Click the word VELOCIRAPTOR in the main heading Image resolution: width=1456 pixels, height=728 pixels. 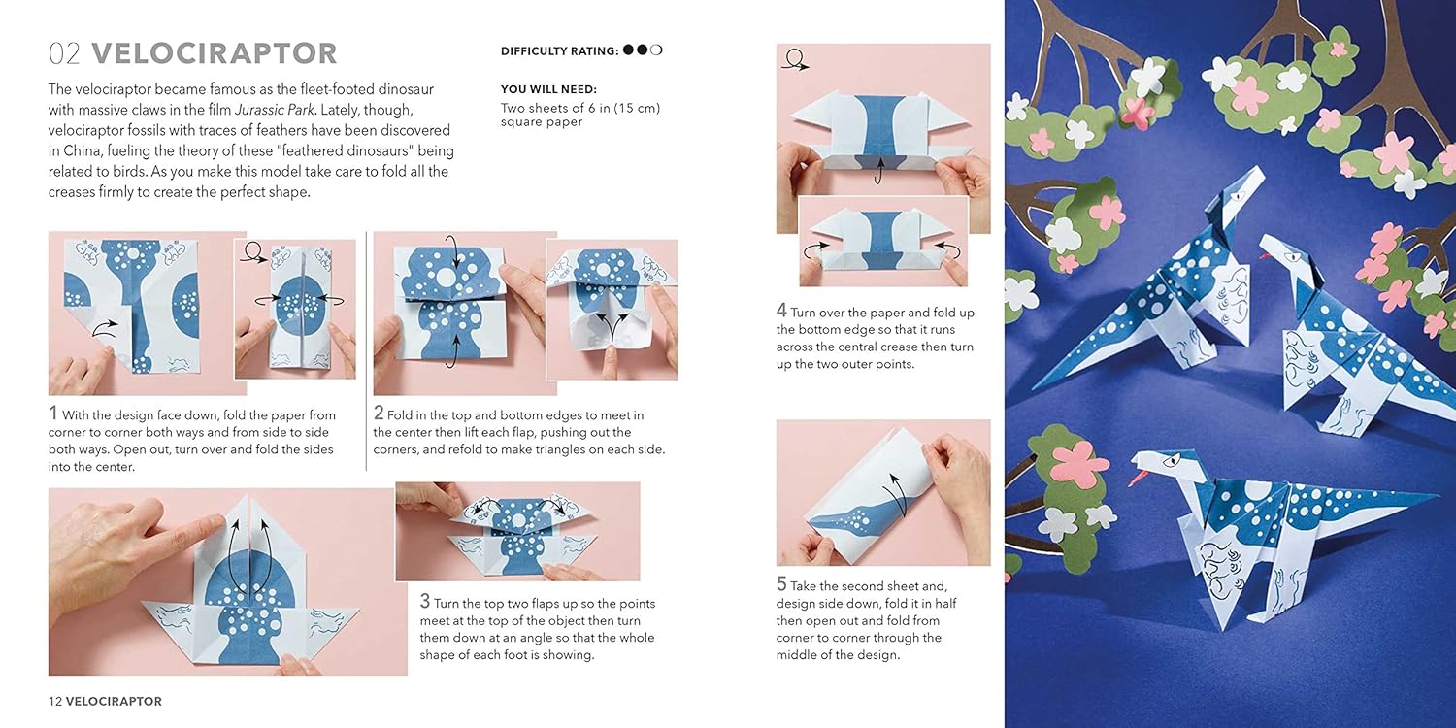coord(215,53)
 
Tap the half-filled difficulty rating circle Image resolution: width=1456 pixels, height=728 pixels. coord(656,50)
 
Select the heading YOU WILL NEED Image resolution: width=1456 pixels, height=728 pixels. coord(548,89)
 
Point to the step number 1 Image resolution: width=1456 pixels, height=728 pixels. coord(52,414)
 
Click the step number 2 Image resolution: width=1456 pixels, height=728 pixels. coord(379,414)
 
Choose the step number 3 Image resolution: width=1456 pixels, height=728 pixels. coord(424,601)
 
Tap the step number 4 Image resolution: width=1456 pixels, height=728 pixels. coord(781,311)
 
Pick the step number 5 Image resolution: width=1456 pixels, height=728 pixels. coord(781,583)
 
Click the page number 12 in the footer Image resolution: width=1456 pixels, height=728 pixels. coord(55,702)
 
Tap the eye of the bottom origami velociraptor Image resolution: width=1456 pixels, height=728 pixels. coord(1170,462)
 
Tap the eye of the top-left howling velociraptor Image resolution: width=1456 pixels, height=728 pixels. coord(1237,194)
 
